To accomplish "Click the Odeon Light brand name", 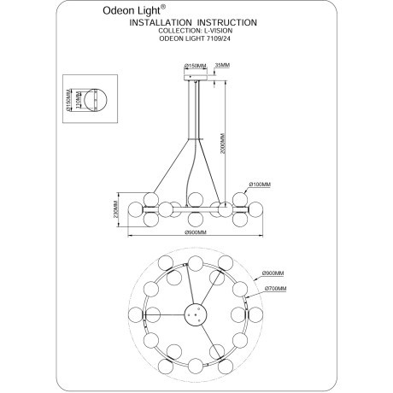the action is (x=132, y=11).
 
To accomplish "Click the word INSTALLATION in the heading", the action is (x=161, y=22).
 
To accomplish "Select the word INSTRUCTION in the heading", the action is (x=227, y=22).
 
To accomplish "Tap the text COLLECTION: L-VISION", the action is (x=196, y=31).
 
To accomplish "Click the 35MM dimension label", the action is (x=222, y=65).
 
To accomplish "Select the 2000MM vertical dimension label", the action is (x=222, y=144).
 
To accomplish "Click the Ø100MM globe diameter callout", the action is (x=260, y=185).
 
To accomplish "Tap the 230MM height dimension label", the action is (x=115, y=209).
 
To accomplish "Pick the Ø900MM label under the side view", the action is (x=196, y=232).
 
